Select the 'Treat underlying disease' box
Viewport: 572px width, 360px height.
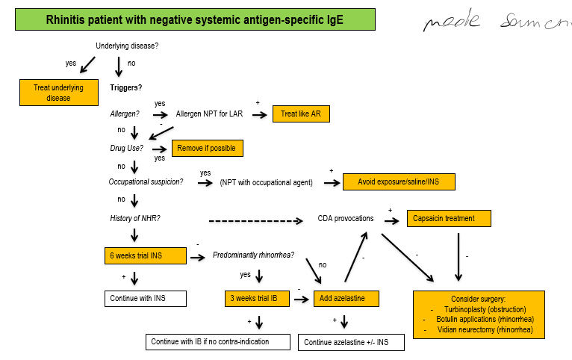click(x=58, y=93)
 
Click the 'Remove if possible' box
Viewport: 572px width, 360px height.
click(x=207, y=148)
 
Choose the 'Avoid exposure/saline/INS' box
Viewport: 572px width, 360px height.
click(x=398, y=181)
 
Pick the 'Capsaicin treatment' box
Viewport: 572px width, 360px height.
click(x=450, y=219)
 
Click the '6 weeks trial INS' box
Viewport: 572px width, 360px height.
click(x=145, y=256)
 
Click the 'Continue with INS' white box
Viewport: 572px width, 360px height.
click(x=145, y=299)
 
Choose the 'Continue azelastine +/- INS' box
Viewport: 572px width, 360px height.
click(x=351, y=342)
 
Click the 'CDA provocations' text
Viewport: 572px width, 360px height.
click(x=346, y=218)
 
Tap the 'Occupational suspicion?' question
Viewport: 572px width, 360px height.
click(x=146, y=181)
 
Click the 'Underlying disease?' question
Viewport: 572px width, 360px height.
click(x=127, y=46)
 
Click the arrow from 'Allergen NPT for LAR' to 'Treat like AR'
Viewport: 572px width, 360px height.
click(x=258, y=115)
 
